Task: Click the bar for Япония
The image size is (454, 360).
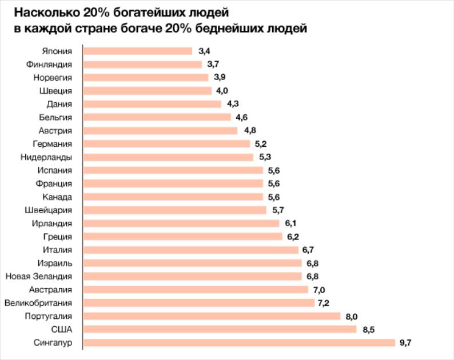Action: click(x=138, y=51)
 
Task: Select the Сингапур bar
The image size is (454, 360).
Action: click(x=239, y=342)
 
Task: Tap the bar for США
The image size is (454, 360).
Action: click(x=220, y=329)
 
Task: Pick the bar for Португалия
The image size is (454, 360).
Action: click(x=212, y=316)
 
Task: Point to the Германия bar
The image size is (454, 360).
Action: click(x=166, y=144)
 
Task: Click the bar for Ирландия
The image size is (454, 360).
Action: click(x=181, y=223)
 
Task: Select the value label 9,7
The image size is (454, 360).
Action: click(x=405, y=342)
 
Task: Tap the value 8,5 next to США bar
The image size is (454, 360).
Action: click(x=367, y=329)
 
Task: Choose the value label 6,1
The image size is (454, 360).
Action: click(x=289, y=223)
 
